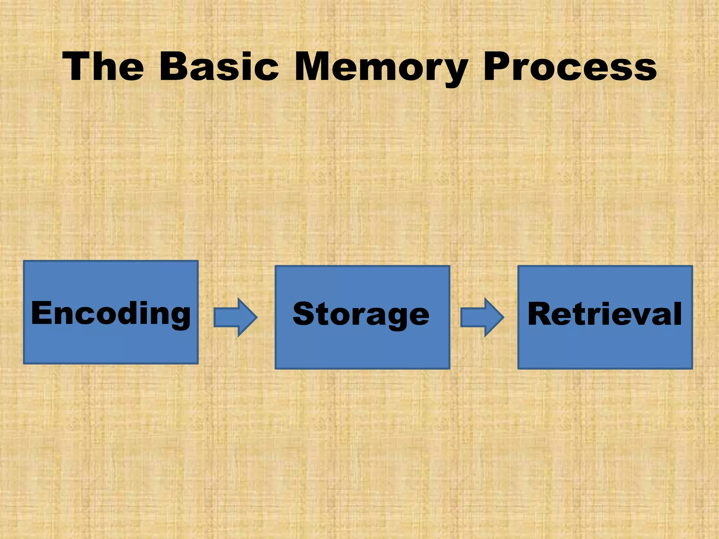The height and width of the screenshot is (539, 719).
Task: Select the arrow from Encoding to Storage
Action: (x=236, y=317)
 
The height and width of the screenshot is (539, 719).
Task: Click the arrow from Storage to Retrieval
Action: (x=482, y=317)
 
